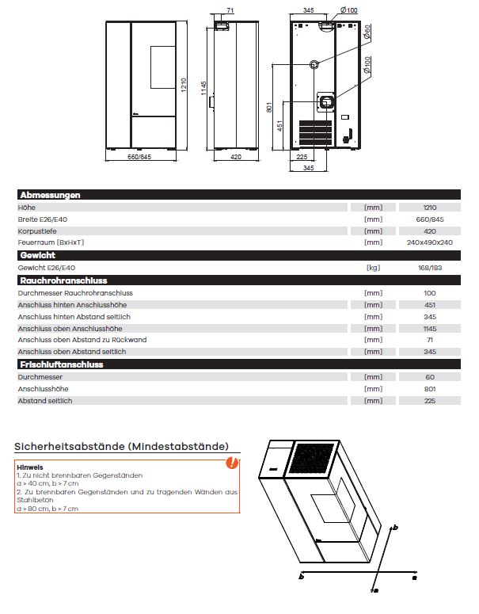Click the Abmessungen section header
(49, 195)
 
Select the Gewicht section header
(37, 256)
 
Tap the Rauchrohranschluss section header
(63, 280)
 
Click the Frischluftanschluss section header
(61, 364)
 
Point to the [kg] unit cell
(373, 268)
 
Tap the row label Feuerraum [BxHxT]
(51, 242)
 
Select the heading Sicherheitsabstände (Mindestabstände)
(121, 447)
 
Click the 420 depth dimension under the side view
(235, 158)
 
